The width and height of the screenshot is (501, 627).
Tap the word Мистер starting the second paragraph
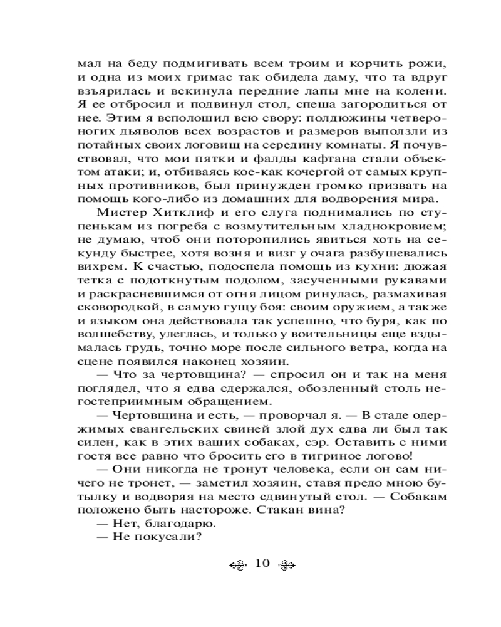pyautogui.click(x=116, y=212)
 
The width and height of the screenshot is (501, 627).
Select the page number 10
pyautogui.click(x=261, y=562)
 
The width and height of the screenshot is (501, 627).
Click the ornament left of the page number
pyautogui.click(x=237, y=563)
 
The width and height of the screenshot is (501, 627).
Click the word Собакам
pyautogui.click(x=418, y=502)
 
